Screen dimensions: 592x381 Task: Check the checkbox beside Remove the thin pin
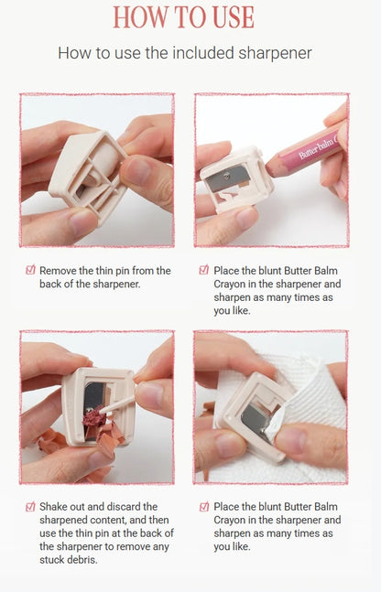[x=30, y=271]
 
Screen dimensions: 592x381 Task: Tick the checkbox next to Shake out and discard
[x=30, y=507]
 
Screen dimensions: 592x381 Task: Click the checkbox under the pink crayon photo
[x=203, y=271]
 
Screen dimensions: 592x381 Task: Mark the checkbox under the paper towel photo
[x=203, y=507]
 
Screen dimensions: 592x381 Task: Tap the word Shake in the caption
[x=55, y=507]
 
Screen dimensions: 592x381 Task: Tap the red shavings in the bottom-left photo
[x=94, y=418]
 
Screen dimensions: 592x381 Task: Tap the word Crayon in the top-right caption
[x=233, y=285]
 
